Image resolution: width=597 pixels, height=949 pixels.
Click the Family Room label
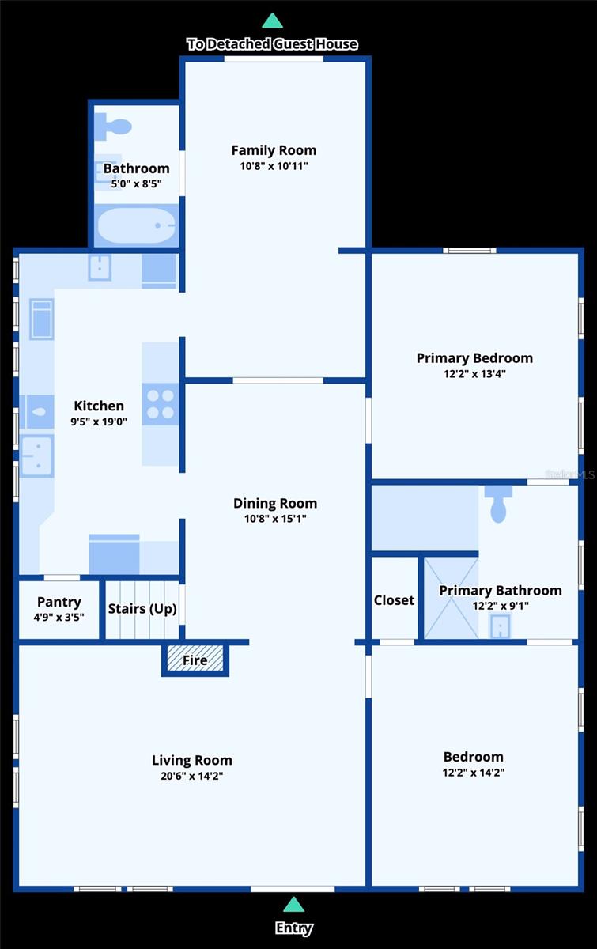coord(274,150)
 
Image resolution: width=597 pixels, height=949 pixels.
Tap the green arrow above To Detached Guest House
coord(273,21)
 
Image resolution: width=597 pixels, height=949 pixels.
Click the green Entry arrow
coord(293,904)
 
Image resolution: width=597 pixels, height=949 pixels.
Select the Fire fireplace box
coord(195,660)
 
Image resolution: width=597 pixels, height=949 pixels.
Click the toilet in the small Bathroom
coord(113,127)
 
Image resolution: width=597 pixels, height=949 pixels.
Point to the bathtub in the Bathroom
coord(137,225)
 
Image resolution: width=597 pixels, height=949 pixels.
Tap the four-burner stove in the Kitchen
coord(161,404)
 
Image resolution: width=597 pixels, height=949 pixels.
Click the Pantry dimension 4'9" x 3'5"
coord(59,618)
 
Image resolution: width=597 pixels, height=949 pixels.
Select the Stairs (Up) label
coord(142,609)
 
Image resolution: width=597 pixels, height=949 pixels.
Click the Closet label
coord(394,600)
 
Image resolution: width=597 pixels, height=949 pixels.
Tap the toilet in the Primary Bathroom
coord(498,505)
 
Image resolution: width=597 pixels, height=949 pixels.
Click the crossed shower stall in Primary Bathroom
coord(452,597)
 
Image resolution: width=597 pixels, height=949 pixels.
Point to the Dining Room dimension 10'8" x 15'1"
coord(275,519)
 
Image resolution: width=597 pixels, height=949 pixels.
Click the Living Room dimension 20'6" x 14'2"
coord(192,776)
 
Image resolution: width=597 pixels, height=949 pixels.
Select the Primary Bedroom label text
coord(474,358)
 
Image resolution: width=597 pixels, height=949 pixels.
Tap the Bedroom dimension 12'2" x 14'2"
coord(474,773)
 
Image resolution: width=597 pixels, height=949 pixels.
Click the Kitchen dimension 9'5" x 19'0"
coord(99,422)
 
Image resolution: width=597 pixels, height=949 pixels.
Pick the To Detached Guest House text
coord(273,44)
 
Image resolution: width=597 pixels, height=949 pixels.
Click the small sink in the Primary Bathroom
coord(501,626)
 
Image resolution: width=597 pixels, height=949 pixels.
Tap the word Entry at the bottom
coord(293,928)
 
